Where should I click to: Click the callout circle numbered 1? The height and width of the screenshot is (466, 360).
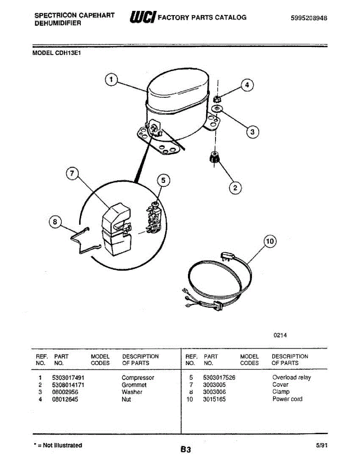[111, 79]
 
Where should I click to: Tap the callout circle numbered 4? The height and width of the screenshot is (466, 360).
[247, 85]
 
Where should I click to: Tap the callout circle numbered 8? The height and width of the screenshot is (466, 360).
[55, 222]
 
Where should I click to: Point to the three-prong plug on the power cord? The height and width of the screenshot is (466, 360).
[226, 256]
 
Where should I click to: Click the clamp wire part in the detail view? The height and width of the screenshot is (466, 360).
[85, 242]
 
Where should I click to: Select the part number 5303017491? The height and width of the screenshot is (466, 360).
[68, 377]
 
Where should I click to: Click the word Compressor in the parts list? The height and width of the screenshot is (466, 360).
[138, 377]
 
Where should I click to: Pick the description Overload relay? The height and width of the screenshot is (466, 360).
[291, 377]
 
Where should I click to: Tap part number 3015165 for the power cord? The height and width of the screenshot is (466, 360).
[214, 399]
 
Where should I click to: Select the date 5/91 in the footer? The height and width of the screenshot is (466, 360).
[322, 445]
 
